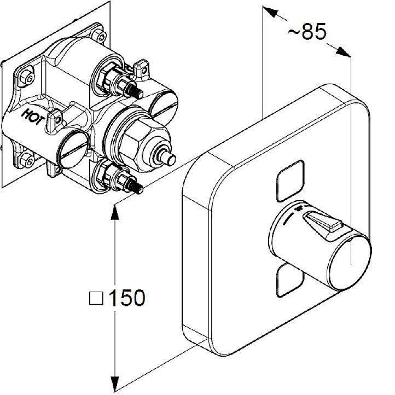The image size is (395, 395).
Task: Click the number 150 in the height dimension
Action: coord(127,298)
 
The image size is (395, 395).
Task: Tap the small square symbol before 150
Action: coord(96,298)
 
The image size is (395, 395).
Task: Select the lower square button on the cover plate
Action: coord(289,280)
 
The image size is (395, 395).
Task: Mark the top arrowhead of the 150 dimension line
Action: coord(114,210)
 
